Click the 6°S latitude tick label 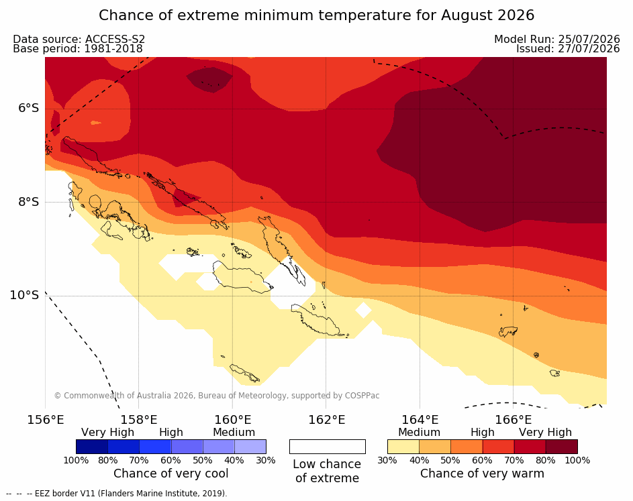[29, 108]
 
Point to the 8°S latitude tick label [29, 202]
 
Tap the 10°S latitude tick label [25, 295]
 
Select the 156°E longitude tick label [45, 420]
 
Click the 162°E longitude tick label [327, 420]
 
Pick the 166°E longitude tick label [513, 420]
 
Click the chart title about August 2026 [317, 15]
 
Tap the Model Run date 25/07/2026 [589, 39]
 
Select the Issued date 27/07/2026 [589, 49]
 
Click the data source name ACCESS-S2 [115, 39]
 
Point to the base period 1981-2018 [113, 49]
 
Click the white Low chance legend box [328, 447]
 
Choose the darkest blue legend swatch [92, 447]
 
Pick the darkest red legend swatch [562, 447]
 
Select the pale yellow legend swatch [403, 447]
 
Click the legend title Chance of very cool [171, 474]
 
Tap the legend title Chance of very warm [482, 474]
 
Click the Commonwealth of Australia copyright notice [217, 395]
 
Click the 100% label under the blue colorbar [76, 460]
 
